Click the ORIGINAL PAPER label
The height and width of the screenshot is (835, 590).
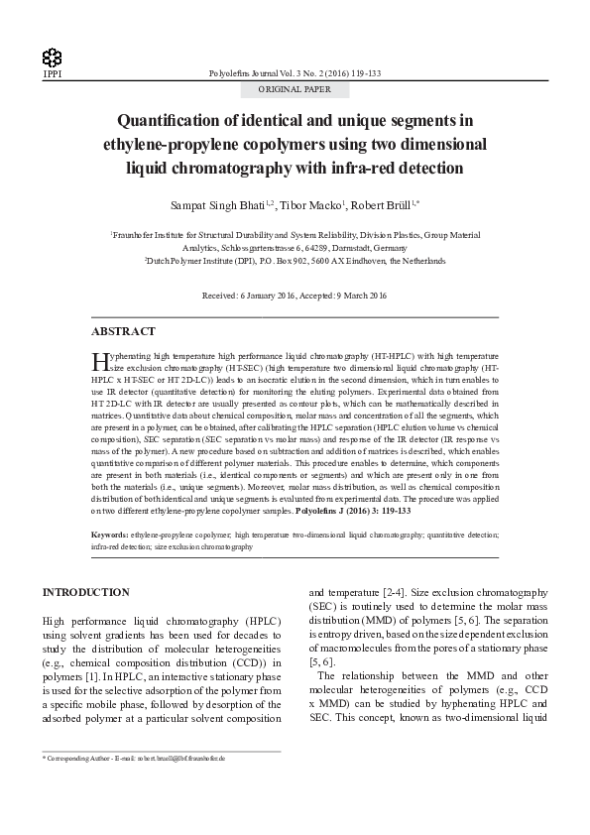[x=295, y=89]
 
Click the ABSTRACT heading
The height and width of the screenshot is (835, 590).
[x=123, y=331]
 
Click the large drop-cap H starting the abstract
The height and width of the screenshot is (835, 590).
[x=97, y=359]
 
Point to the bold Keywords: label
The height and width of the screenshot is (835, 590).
[x=109, y=535]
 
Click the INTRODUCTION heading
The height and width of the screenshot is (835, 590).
[x=85, y=592]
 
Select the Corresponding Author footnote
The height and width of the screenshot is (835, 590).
[x=134, y=758]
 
